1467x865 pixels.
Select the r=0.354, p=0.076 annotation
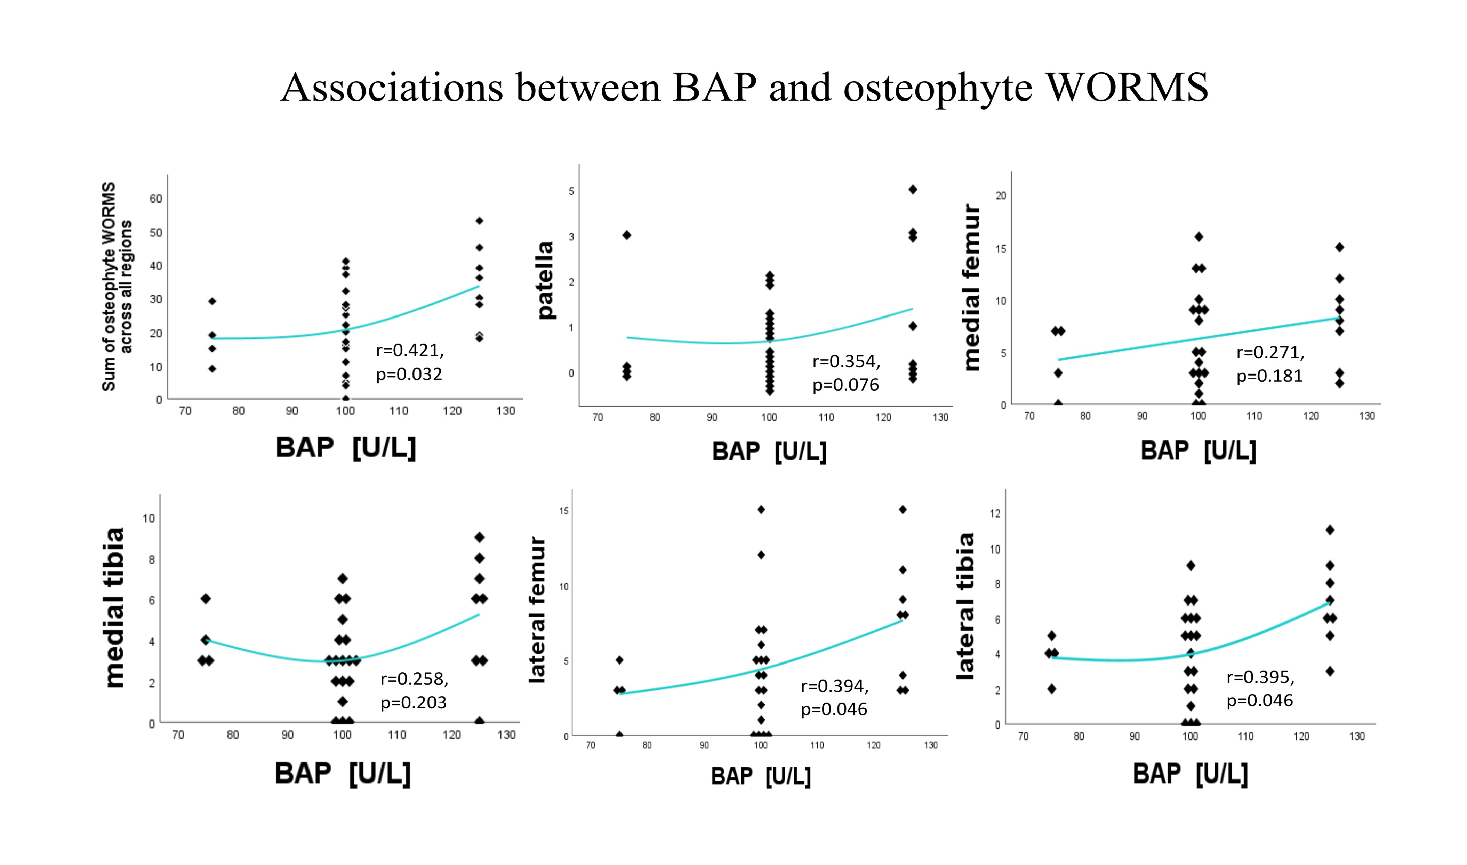click(x=845, y=373)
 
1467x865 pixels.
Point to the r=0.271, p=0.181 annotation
click(x=1270, y=364)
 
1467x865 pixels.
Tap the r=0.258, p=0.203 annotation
click(x=414, y=691)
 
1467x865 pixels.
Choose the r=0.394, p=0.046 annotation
click(x=834, y=698)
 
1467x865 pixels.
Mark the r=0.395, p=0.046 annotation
click(x=1260, y=689)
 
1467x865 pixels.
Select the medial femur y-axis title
click(x=971, y=287)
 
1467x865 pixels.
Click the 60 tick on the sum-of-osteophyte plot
click(x=156, y=199)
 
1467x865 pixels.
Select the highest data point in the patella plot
click(x=913, y=189)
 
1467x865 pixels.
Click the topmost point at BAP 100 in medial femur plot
click(x=1199, y=237)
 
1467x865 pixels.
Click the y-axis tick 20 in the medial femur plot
click(x=1001, y=196)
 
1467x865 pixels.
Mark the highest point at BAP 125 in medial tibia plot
click(x=479, y=537)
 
